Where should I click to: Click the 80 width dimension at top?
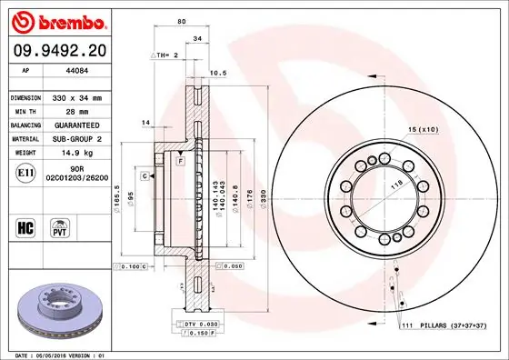pyautogui.click(x=182, y=20)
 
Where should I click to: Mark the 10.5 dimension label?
pyautogui.click(x=218, y=72)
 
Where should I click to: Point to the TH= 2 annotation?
pyautogui.click(x=165, y=55)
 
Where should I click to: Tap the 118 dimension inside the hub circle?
pyautogui.click(x=395, y=185)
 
